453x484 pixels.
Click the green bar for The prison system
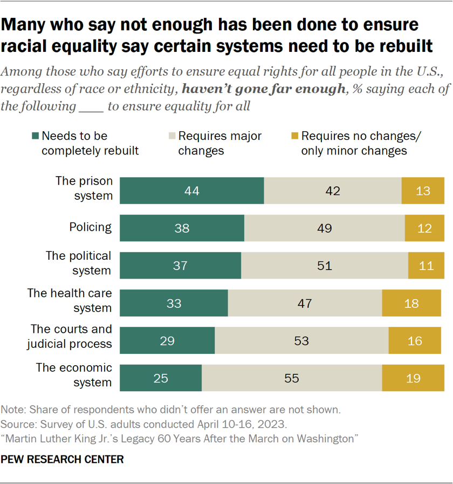[x=191, y=191]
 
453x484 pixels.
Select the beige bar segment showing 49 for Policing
[x=324, y=228]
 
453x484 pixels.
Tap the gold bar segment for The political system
[x=426, y=265]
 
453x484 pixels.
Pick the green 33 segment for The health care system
[x=174, y=303]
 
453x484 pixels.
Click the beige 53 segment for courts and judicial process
[x=301, y=340]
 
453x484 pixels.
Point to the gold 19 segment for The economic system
[x=413, y=378]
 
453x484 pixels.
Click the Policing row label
[x=90, y=227]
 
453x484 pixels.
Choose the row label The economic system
[x=74, y=375]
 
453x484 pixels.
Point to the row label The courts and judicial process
[x=71, y=337]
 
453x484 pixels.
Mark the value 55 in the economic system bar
[x=291, y=378]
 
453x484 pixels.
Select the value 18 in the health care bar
[x=411, y=303]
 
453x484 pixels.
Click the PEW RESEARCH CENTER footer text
[x=63, y=460]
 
